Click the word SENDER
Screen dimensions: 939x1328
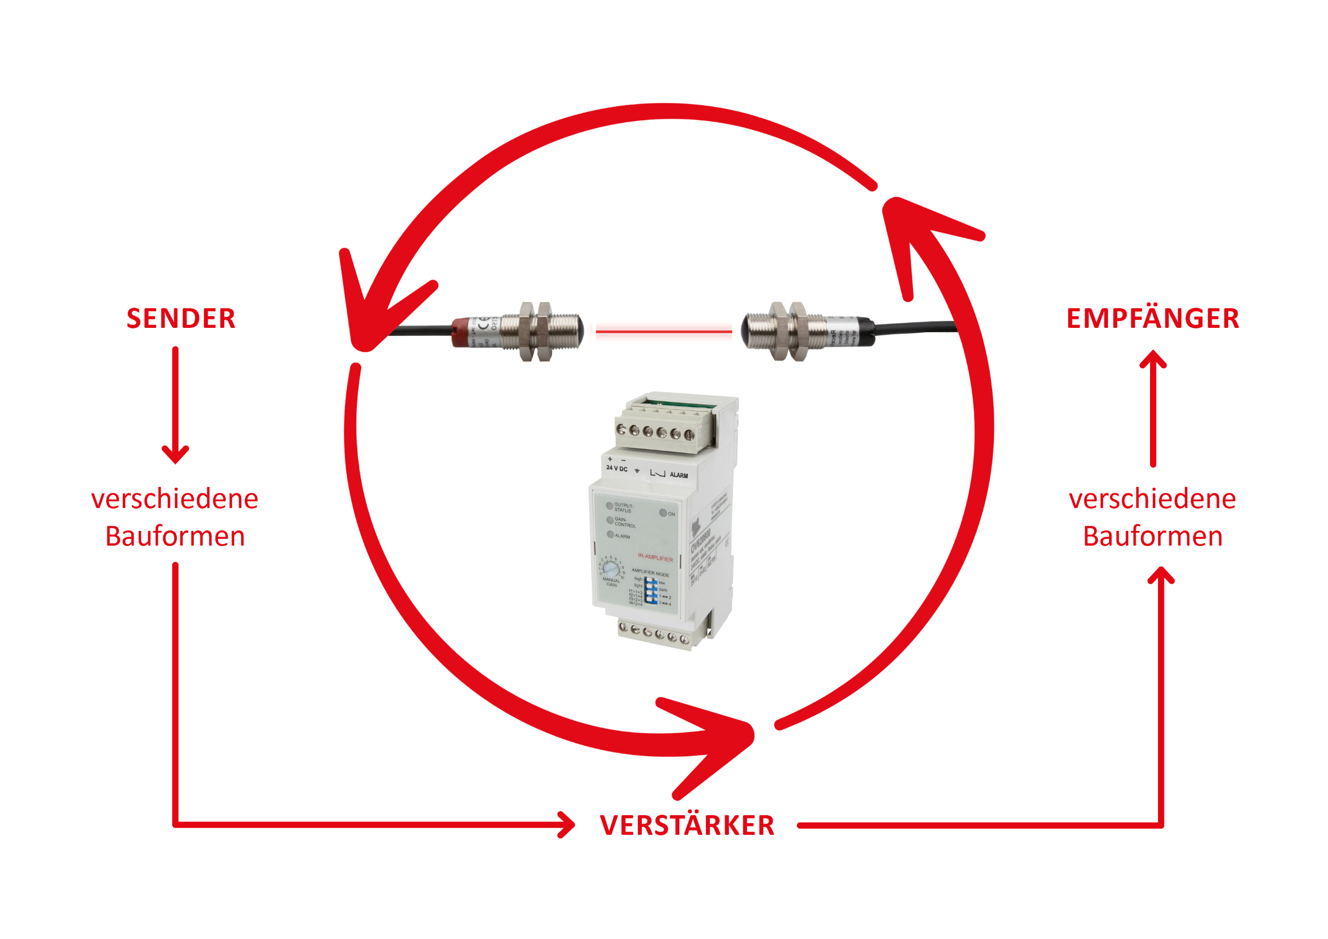pos(181,319)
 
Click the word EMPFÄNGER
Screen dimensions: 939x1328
pos(1152,319)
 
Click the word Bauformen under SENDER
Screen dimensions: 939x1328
pos(175,536)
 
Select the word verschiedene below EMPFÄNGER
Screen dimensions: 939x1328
pos(1152,498)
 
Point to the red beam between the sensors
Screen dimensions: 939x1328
pos(663,332)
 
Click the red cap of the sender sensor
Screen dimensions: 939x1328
pos(463,332)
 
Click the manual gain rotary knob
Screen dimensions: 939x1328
pos(611,570)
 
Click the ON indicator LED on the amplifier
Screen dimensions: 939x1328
pos(663,513)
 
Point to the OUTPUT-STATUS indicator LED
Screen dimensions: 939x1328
pos(610,506)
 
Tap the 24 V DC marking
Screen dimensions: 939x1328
pos(617,469)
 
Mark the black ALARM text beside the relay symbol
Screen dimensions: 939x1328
pos(678,475)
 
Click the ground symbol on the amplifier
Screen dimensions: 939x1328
pos(637,470)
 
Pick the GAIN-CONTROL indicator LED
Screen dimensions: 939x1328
pos(610,520)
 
